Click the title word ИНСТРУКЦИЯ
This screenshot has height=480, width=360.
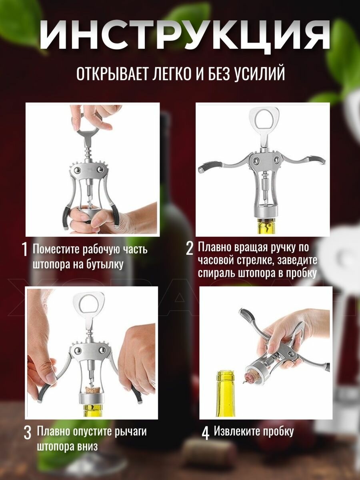tap(184, 36)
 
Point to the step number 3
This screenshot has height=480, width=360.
tap(27, 434)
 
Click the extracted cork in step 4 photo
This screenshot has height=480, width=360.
tap(250, 379)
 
